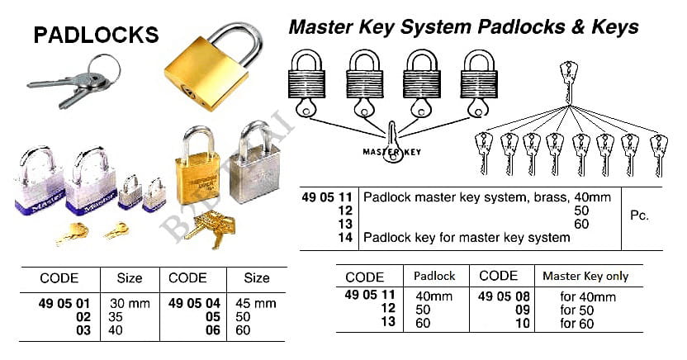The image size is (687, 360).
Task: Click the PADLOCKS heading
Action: (95, 35)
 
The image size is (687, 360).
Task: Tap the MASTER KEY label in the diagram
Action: (393, 152)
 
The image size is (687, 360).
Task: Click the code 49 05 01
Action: (63, 304)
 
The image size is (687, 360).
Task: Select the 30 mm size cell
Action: (130, 304)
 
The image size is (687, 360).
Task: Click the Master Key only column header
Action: (585, 277)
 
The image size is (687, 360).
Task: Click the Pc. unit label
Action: (639, 217)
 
